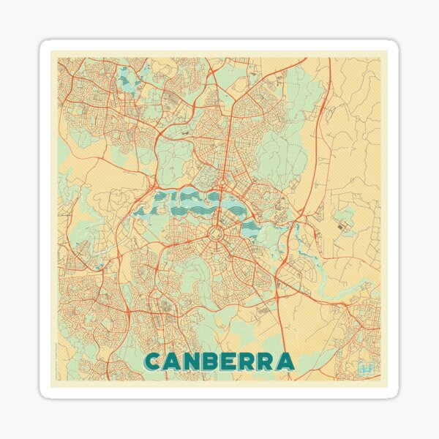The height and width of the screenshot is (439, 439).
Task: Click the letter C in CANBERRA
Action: tap(154, 361)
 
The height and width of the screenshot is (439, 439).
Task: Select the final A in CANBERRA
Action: tap(286, 361)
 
